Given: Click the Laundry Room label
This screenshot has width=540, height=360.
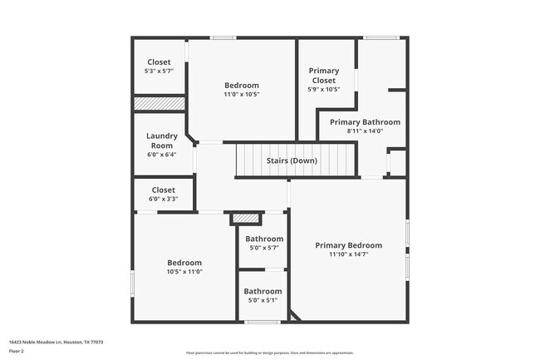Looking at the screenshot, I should (162, 141).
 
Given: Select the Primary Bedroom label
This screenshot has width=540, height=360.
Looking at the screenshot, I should (348, 245).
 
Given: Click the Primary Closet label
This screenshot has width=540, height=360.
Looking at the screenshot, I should (323, 76).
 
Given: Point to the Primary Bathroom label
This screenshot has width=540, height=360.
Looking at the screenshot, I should (365, 122).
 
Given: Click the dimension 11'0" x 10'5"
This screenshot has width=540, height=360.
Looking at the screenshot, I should (241, 95).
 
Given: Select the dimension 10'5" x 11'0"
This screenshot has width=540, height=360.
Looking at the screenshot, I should (184, 271).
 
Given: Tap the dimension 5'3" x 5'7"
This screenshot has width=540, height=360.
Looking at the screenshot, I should (159, 72).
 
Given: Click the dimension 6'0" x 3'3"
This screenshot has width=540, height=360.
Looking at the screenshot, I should (163, 200).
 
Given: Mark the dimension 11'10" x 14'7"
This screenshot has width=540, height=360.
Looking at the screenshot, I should (348, 255).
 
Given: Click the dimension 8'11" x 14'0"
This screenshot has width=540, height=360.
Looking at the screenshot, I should (365, 131).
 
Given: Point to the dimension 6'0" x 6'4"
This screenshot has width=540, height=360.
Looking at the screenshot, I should (162, 155).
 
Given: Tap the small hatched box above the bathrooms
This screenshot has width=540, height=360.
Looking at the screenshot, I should (246, 218).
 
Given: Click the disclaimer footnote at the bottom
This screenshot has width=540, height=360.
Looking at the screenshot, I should (269, 353).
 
